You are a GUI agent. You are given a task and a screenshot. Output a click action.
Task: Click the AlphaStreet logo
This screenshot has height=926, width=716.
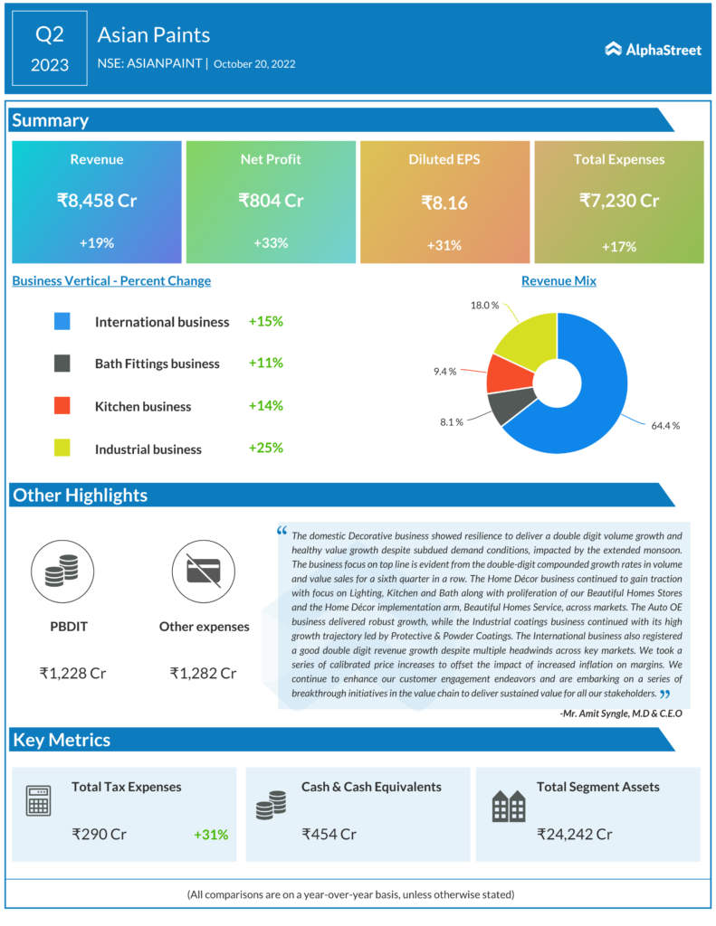coord(653,50)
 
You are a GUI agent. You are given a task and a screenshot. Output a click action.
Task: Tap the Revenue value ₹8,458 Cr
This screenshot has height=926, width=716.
coord(97,200)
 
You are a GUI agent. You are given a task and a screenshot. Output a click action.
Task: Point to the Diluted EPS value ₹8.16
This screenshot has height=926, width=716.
coord(444,203)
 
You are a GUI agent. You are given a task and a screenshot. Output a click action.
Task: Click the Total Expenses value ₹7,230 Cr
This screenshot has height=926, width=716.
coord(619,200)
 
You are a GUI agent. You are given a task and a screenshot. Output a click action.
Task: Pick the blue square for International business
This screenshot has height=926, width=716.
coord(62,321)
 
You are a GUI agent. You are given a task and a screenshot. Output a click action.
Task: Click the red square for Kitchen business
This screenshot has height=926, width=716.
coord(62,406)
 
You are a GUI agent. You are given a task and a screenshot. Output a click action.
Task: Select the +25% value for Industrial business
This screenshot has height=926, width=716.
coord(266,448)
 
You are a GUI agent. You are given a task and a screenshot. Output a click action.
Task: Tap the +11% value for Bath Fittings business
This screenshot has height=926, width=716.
coord(266,363)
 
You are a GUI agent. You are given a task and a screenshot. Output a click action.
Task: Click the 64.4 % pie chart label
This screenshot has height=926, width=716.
coord(663,425)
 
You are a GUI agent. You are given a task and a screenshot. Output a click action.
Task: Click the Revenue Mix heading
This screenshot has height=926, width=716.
coord(558,280)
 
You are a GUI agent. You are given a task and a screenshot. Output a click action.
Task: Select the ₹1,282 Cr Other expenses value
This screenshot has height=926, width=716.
coord(203,673)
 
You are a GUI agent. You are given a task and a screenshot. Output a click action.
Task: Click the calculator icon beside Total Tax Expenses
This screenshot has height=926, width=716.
coord(38,802)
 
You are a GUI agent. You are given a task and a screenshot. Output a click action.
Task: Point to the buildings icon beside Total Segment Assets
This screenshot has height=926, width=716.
coord(508,806)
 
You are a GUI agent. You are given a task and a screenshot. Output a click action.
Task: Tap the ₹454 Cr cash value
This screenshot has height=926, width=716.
coord(329,834)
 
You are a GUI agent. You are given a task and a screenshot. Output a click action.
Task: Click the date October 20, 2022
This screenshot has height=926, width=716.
coord(254,64)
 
